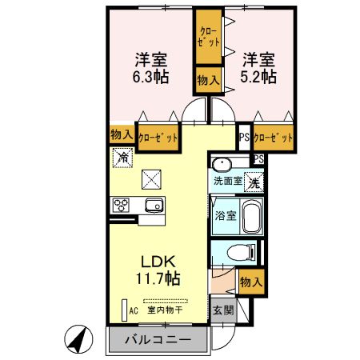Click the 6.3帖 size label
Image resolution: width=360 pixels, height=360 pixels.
click(x=149, y=77)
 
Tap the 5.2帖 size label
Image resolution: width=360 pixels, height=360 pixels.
click(x=260, y=77)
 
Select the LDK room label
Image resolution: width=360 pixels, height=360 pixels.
click(x=159, y=262)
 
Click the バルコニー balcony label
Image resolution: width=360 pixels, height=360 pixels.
click(x=157, y=340)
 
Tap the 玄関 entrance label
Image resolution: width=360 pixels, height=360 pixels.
click(x=222, y=309)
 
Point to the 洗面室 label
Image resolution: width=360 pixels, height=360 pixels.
click(x=226, y=182)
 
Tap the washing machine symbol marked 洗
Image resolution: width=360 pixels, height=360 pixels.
click(x=253, y=181)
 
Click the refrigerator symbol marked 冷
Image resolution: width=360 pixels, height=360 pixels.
click(x=123, y=158)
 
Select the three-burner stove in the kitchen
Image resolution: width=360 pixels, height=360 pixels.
click(x=122, y=206)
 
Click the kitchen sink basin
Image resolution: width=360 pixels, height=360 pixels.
click(x=153, y=206)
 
